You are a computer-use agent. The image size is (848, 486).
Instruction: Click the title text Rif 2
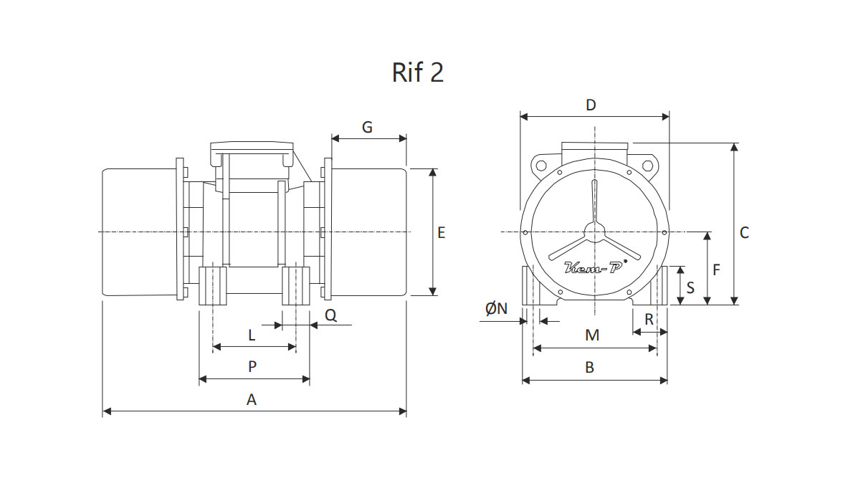417,72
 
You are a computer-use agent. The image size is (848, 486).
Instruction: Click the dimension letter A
252,400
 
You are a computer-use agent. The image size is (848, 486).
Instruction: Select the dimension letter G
367,127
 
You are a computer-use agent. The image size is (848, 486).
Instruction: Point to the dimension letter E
442,233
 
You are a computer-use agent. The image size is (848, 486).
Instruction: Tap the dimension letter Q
330,315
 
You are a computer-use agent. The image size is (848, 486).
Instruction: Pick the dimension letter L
252,335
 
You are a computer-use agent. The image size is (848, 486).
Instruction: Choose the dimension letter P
252,367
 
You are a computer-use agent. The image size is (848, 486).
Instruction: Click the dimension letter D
591,105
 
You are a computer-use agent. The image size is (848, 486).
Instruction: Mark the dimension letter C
744,233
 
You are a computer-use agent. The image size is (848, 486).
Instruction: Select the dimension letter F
717,270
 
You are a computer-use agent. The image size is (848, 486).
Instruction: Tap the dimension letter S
690,287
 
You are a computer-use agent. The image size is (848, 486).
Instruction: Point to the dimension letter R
649,320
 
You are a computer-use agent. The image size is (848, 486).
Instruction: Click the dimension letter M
592,335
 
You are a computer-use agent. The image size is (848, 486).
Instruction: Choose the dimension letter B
590,368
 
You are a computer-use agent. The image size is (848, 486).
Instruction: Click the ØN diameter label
497,309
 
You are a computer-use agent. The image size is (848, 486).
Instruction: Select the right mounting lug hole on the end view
648,164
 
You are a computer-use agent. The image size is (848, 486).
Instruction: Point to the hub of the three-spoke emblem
594,232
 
